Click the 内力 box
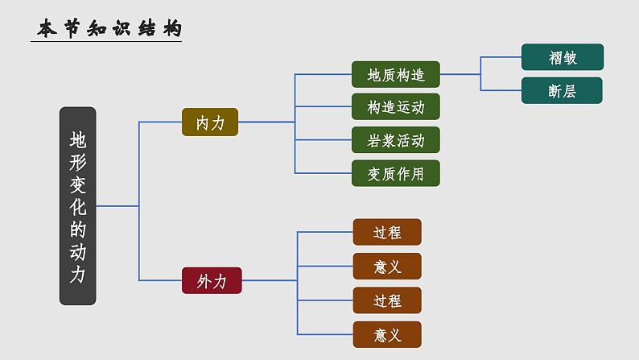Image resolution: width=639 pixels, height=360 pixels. (210, 122)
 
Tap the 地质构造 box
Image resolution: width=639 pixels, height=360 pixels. (395, 75)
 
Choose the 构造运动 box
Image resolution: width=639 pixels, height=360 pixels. (395, 107)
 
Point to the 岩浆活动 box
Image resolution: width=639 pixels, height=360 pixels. (395, 140)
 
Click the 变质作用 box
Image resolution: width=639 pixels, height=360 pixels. (395, 173)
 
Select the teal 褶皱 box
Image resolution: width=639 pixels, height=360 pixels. (562, 57)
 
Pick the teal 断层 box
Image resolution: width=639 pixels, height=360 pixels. (562, 91)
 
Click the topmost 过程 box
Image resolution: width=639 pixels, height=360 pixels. (387, 233)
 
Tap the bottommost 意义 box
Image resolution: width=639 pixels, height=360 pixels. (387, 333)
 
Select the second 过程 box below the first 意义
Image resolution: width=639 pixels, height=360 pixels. (387, 300)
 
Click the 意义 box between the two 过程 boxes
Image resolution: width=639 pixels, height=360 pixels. (387, 266)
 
